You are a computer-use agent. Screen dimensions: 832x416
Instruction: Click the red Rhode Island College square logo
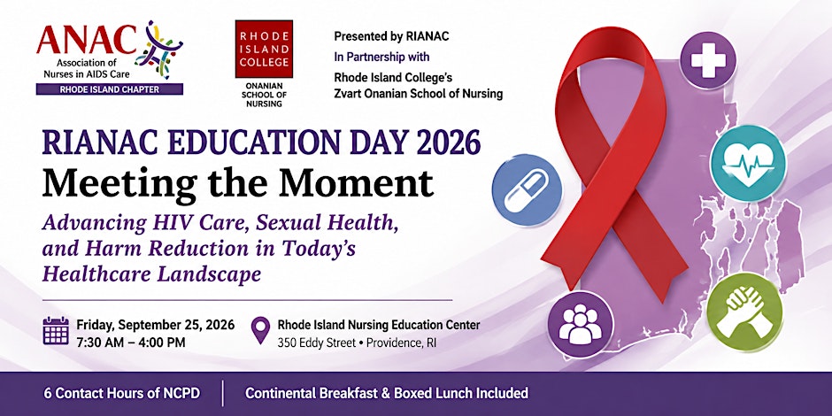(264, 49)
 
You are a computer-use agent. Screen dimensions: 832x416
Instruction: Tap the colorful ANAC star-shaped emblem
(158, 49)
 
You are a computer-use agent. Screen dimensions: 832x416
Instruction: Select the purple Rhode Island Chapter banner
(109, 89)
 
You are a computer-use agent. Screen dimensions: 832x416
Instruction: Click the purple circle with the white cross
(708, 60)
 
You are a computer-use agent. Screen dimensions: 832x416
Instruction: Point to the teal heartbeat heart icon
(748, 163)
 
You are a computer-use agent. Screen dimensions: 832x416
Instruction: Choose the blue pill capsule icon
(527, 189)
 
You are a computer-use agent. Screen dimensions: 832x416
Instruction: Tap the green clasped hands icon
(744, 311)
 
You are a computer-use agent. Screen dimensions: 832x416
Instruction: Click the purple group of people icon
(580, 324)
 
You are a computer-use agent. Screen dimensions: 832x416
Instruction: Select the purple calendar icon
(56, 331)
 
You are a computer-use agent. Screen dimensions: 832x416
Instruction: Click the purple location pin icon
(260, 330)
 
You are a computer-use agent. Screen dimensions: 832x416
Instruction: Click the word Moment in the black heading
(356, 183)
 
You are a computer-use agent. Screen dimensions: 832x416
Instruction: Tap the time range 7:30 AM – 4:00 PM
(131, 343)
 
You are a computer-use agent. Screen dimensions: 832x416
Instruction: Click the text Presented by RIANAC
(391, 36)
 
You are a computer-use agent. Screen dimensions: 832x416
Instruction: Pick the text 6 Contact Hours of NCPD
(122, 393)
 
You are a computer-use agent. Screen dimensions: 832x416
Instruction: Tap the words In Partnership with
(381, 57)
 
